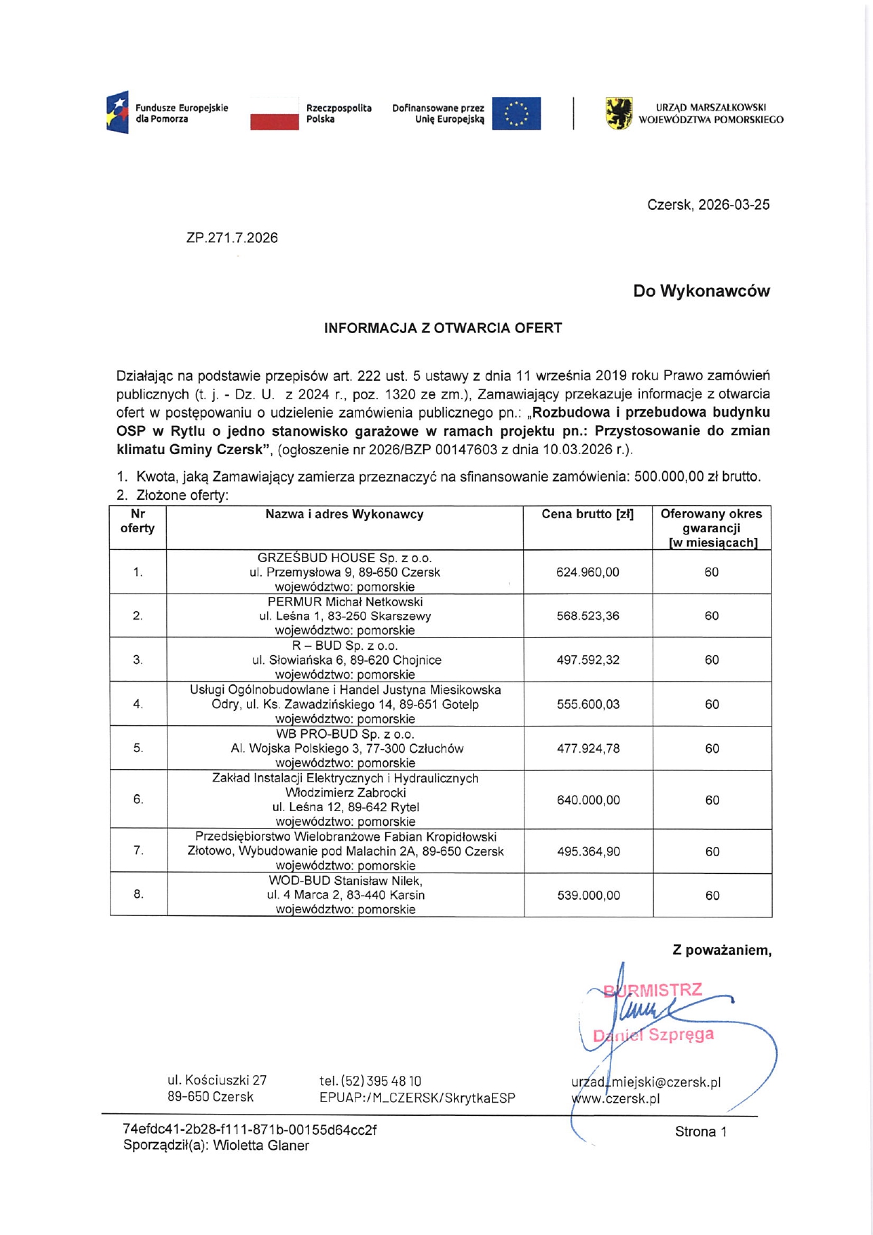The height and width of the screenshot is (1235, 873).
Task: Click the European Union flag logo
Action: click(x=516, y=113)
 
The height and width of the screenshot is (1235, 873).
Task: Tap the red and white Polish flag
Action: click(x=275, y=114)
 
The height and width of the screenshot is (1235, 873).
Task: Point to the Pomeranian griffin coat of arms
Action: click(x=619, y=113)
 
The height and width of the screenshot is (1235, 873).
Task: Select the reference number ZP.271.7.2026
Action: click(x=232, y=238)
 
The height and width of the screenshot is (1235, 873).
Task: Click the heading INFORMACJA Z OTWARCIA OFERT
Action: click(x=443, y=328)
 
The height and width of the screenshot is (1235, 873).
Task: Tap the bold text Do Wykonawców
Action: click(x=701, y=291)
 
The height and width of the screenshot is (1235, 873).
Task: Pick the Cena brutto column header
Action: click(x=587, y=515)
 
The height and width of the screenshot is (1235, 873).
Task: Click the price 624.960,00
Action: click(x=587, y=572)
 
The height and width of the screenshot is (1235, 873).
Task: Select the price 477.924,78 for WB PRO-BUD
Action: click(x=588, y=748)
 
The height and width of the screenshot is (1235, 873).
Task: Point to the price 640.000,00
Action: click(x=588, y=800)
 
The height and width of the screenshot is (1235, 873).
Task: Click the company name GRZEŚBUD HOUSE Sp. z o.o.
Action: click(x=344, y=558)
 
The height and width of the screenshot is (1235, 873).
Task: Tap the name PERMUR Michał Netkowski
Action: click(x=345, y=602)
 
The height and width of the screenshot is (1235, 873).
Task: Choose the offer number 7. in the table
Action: click(x=138, y=851)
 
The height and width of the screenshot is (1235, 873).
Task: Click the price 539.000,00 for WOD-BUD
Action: click(x=588, y=896)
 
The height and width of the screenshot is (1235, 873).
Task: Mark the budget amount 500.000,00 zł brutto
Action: click(x=697, y=477)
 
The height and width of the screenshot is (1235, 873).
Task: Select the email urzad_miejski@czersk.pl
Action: click(x=646, y=1082)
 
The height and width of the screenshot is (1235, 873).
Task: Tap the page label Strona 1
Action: click(x=701, y=1131)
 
